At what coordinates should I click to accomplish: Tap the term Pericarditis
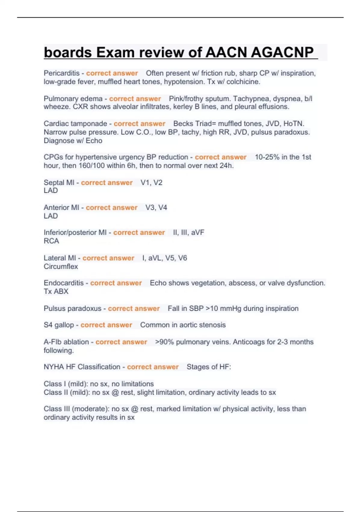[x=62, y=73]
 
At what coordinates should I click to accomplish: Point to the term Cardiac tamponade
[x=75, y=123]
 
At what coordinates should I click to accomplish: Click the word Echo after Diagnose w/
[x=94, y=141]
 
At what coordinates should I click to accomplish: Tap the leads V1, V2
[x=151, y=183]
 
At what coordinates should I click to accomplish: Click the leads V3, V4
[x=156, y=208]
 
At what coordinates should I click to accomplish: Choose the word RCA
[x=51, y=241]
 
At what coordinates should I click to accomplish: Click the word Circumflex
[x=61, y=267]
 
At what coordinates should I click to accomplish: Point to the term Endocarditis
[x=64, y=283]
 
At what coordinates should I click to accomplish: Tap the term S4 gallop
[x=59, y=325]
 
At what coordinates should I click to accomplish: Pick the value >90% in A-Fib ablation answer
[x=165, y=342]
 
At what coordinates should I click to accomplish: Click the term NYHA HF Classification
[x=82, y=367]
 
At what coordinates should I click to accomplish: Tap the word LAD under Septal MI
[x=51, y=191]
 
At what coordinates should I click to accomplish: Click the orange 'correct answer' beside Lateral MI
[x=108, y=258]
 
